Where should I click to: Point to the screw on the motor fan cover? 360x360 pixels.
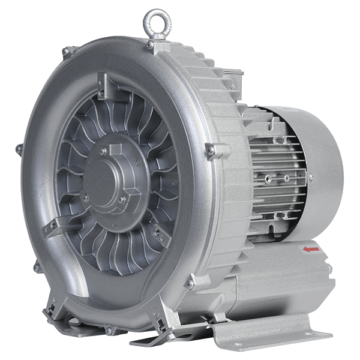pyautogui.click(x=310, y=178)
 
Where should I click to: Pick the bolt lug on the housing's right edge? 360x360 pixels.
pyautogui.click(x=211, y=150)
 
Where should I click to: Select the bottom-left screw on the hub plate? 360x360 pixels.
pyautogui.click(x=86, y=197)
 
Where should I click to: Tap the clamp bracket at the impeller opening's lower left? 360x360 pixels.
pyautogui.click(x=53, y=226)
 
